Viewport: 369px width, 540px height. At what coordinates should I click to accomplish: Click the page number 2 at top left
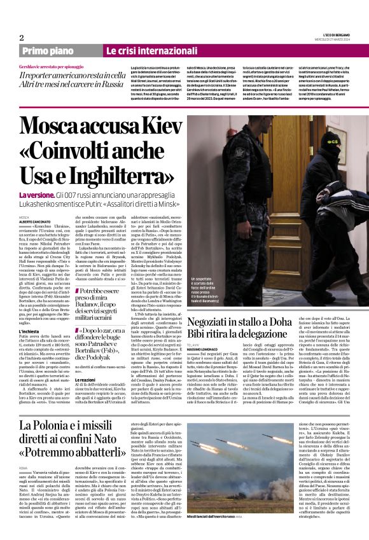tap(21, 38)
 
